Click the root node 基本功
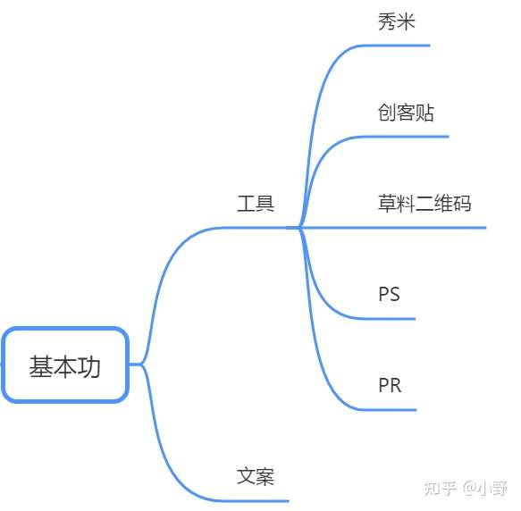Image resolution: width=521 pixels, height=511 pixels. point(65,365)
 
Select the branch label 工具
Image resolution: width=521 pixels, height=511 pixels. point(256,204)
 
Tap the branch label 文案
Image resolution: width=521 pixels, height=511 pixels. point(256,476)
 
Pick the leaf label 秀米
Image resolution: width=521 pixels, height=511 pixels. point(397,21)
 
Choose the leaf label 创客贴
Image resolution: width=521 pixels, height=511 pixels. point(406,113)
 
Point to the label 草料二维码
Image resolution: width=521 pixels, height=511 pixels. point(424,204)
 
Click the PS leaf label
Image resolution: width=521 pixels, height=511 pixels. point(389,294)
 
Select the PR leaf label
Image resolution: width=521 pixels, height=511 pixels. point(390,385)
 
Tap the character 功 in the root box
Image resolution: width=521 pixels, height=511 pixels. point(88,366)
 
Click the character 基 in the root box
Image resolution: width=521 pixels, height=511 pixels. point(41,366)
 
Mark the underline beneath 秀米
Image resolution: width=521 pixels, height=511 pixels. point(394,46)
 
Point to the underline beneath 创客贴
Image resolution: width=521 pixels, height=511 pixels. point(404,137)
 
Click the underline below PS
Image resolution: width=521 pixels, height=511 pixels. point(387,319)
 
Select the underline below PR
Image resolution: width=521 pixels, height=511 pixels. point(388,410)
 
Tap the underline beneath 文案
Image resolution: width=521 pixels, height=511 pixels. point(254,500)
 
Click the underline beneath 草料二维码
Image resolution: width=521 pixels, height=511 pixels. point(393,228)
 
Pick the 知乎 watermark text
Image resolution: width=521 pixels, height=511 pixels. point(440,488)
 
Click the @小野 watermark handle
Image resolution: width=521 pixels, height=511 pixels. point(484,488)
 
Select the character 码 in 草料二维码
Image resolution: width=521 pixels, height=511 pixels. point(462,204)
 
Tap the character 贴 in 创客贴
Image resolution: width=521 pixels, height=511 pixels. point(425,113)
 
